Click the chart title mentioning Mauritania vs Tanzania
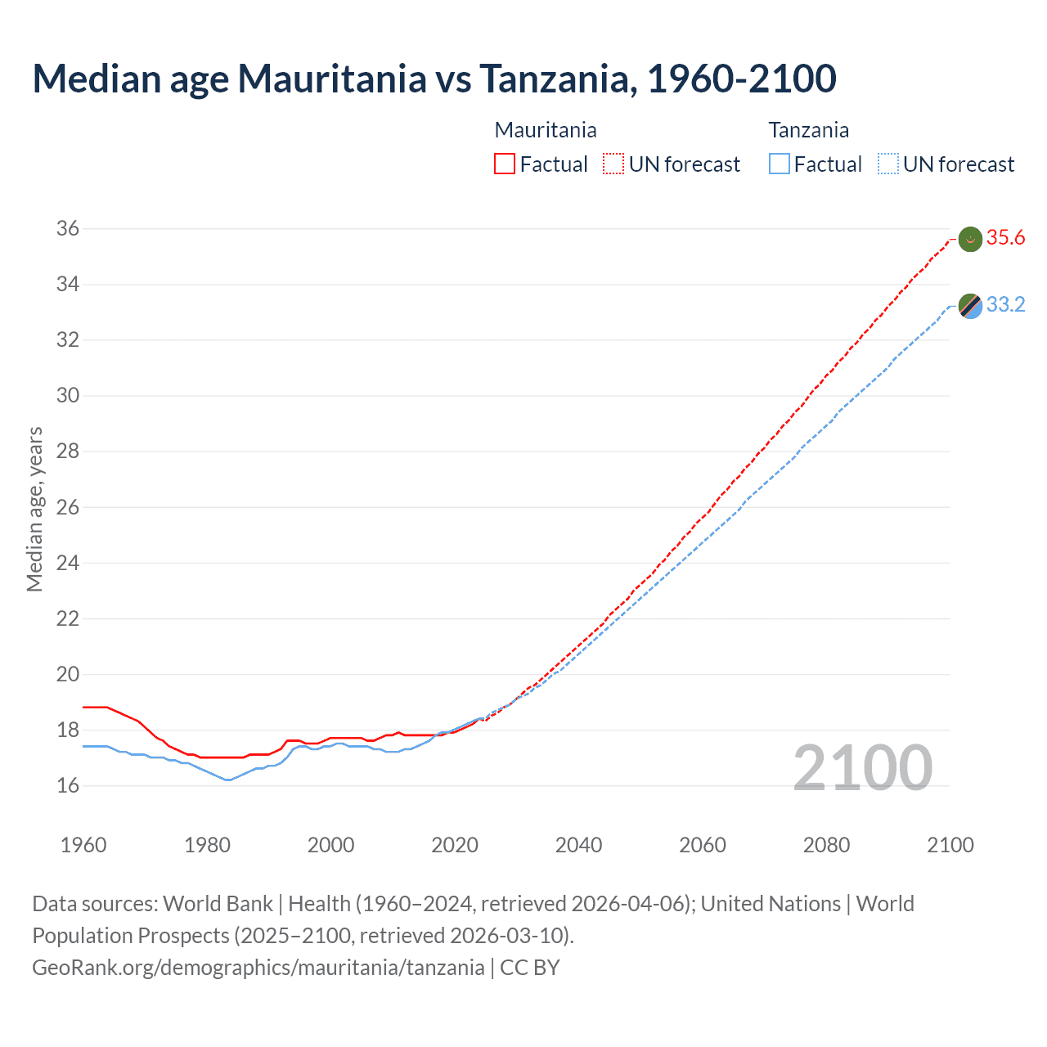(x=434, y=79)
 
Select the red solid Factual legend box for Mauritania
(x=505, y=164)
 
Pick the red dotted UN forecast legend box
(x=613, y=164)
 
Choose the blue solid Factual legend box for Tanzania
(x=779, y=164)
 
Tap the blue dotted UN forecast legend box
(x=887, y=164)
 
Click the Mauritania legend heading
(x=546, y=130)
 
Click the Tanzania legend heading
(x=808, y=130)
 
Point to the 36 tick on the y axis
(x=68, y=229)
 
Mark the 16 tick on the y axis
(x=68, y=786)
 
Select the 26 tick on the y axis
(x=68, y=507)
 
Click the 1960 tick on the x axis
(x=83, y=845)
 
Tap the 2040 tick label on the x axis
(x=578, y=845)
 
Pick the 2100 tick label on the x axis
(x=950, y=845)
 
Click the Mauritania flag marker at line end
(x=970, y=239)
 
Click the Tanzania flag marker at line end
(x=970, y=306)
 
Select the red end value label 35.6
(x=1005, y=238)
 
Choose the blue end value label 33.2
(x=1005, y=305)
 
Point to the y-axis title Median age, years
(x=34, y=509)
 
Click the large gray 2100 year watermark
(x=862, y=768)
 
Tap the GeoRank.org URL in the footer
(x=258, y=968)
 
